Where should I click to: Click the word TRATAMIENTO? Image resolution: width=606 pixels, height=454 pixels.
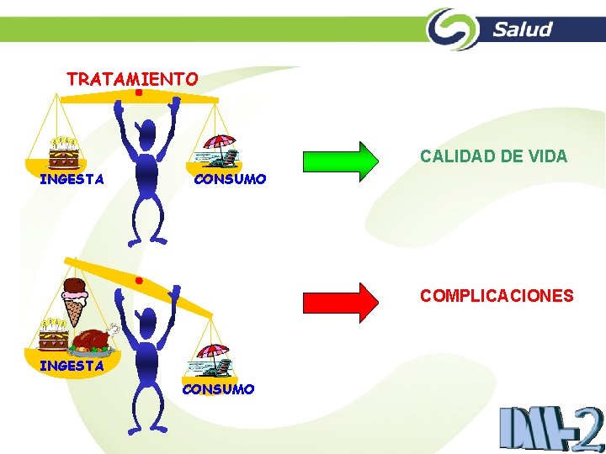click(132, 80)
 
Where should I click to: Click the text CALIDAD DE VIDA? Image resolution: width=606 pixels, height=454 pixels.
click(493, 156)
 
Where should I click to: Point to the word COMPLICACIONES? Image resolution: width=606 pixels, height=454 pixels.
click(497, 296)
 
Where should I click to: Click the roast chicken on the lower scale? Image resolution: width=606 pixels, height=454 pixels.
click(93, 338)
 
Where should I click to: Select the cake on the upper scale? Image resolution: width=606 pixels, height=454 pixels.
click(63, 152)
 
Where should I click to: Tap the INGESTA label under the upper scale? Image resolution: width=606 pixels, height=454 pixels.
click(72, 179)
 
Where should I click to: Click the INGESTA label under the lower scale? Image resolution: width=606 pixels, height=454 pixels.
click(72, 366)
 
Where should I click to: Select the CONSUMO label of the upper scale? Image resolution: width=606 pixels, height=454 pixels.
click(230, 179)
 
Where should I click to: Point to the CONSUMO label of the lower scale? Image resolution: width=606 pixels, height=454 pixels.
click(218, 388)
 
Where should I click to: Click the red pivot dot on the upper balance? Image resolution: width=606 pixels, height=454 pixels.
click(137, 94)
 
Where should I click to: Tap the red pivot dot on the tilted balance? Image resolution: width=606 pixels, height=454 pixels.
click(138, 279)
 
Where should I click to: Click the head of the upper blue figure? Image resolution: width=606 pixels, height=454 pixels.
click(148, 132)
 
